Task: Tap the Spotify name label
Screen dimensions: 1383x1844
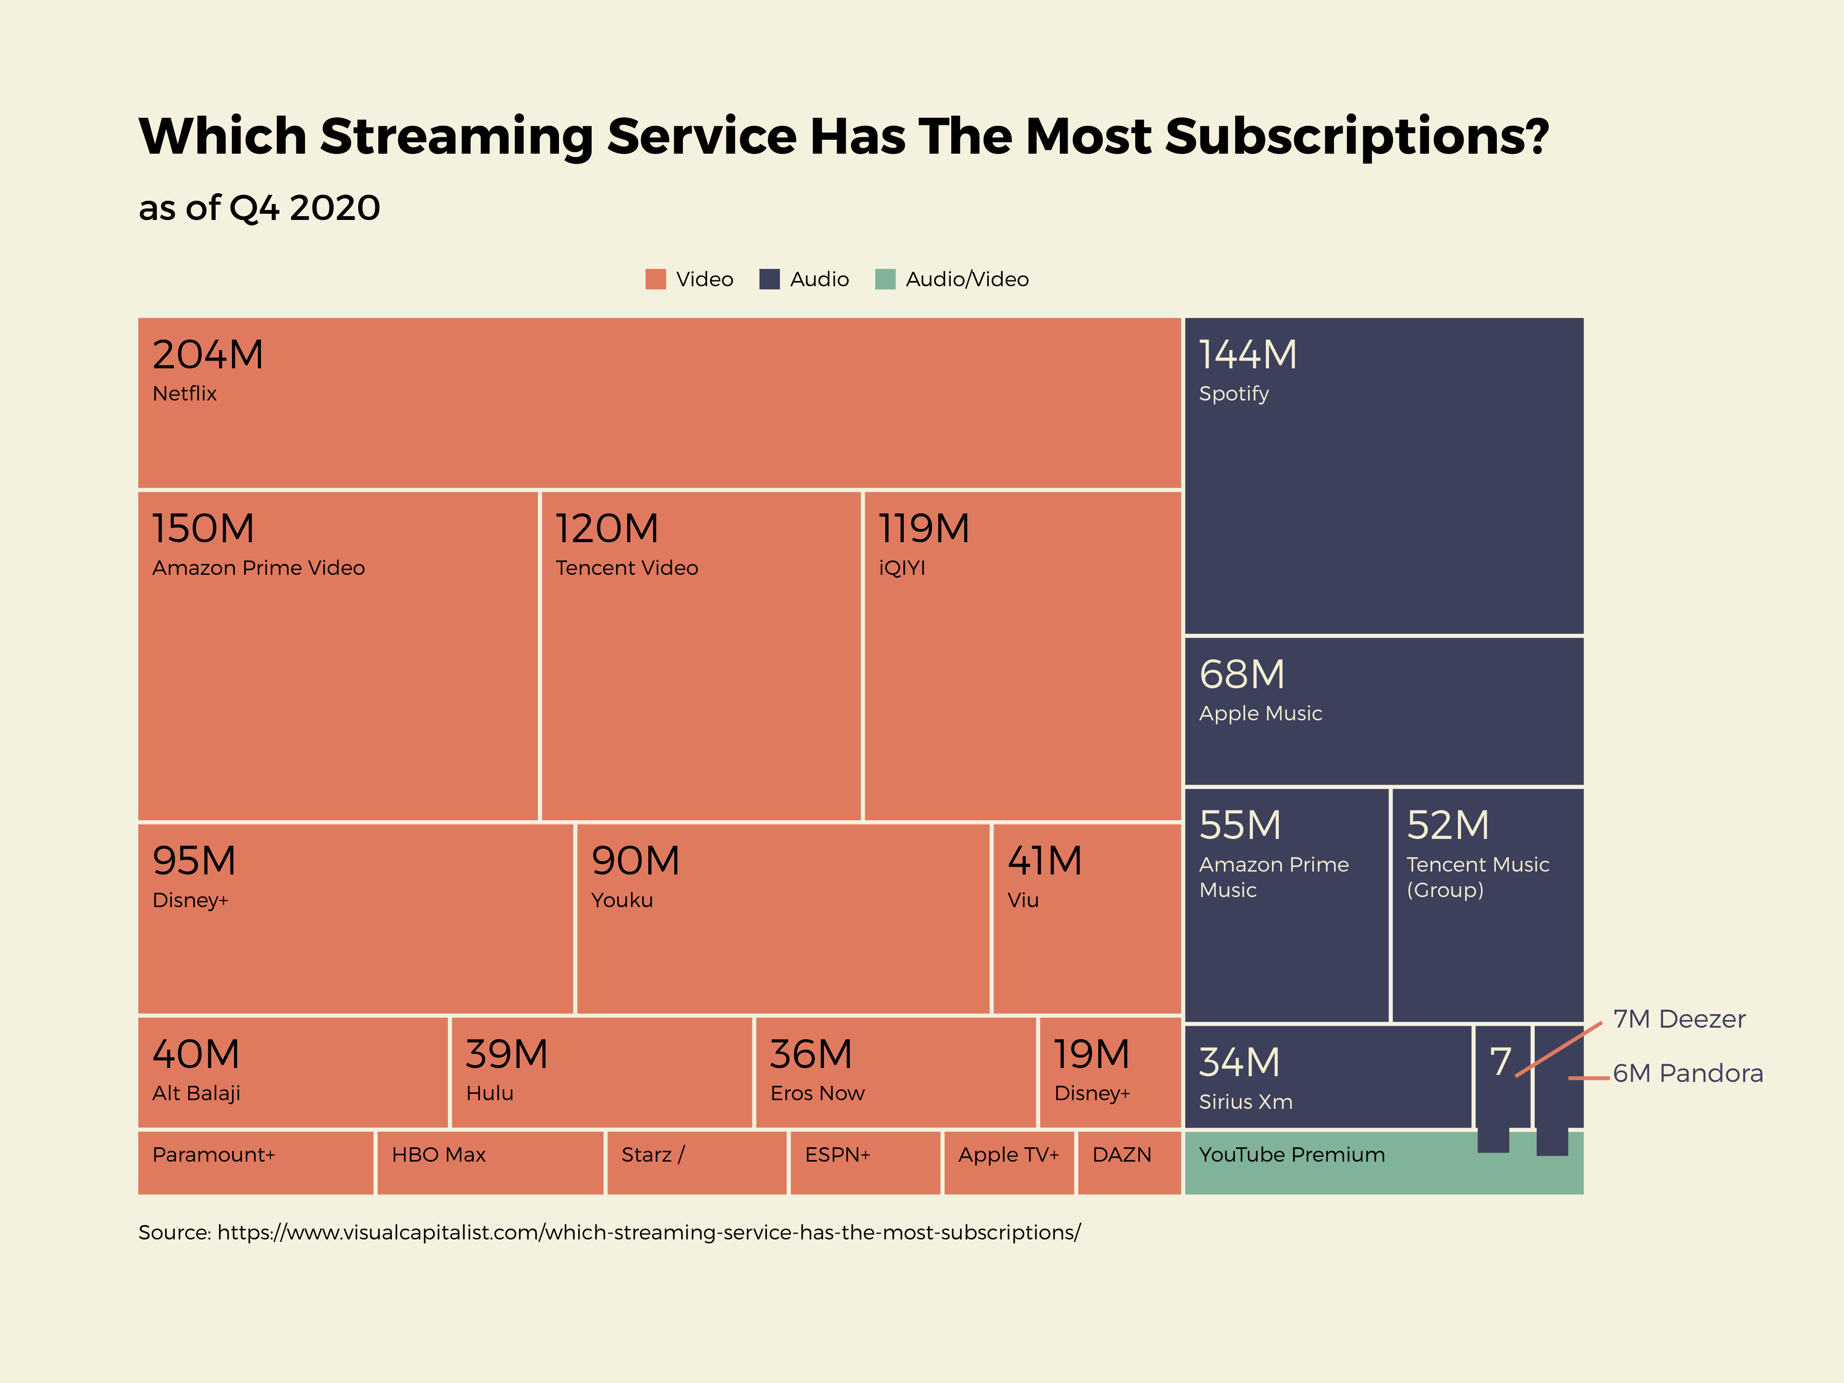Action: (x=1233, y=393)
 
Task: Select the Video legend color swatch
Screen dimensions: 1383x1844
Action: (x=655, y=279)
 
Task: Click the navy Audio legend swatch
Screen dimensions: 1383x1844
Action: (x=769, y=279)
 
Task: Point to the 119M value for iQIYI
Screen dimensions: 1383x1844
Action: (x=923, y=529)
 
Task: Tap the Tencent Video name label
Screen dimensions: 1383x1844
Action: (x=626, y=568)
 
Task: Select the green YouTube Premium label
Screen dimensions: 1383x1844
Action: (x=1291, y=1154)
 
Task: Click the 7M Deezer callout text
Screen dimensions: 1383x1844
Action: (x=1678, y=1019)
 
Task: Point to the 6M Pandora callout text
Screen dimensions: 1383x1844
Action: (x=1687, y=1073)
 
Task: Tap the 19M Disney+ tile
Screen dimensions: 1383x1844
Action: (x=1110, y=1072)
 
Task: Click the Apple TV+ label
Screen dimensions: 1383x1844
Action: (x=1008, y=1154)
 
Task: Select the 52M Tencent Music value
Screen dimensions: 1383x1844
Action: (x=1448, y=825)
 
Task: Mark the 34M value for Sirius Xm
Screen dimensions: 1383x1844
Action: (x=1239, y=1062)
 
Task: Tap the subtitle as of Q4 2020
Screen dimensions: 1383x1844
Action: (x=259, y=207)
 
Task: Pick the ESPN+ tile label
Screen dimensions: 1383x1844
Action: (x=837, y=1154)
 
